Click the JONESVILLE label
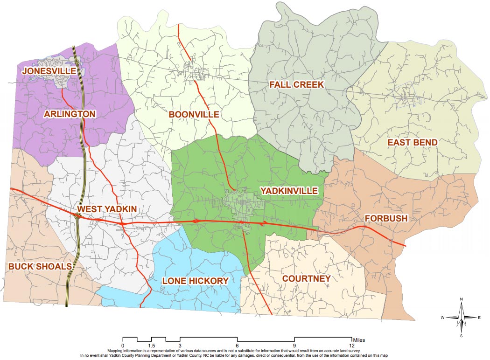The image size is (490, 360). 49,71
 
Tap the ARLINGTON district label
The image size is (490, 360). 70,114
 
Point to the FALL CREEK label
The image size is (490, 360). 296,84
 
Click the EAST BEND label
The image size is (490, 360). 413,142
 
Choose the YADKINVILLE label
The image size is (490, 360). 289,191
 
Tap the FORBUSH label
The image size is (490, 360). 387,218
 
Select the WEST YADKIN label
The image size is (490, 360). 107,210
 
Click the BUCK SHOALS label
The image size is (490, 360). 40,266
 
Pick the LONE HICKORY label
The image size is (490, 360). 195,280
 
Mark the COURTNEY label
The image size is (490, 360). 307,278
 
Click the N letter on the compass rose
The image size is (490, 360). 461,299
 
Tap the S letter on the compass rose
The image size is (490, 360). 461,335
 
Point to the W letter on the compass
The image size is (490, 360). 442,318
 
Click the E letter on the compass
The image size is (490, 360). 479,318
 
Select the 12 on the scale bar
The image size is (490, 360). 351,345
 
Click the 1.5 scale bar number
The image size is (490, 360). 151,345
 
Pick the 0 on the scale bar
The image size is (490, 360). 123,345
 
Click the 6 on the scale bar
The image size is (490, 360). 237,345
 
